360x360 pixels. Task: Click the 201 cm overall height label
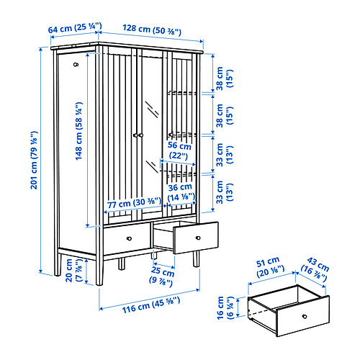[34, 160]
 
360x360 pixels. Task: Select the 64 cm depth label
[75, 27]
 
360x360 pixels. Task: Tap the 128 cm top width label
[152, 30]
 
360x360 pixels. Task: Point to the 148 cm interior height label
[79, 131]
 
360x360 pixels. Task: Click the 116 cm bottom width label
[151, 305]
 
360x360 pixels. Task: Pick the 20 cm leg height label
[73, 270]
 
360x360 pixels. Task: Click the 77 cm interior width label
[134, 203]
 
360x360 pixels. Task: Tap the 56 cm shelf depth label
[179, 150]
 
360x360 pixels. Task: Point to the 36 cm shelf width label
[181, 192]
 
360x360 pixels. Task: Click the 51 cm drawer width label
[270, 267]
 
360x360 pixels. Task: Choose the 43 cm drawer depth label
[315, 269]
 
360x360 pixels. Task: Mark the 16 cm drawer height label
[225, 307]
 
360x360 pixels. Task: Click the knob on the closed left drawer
[129, 238]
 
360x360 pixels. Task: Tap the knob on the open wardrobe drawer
[198, 238]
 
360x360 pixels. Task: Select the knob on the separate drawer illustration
[305, 316]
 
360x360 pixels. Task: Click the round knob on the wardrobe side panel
[76, 64]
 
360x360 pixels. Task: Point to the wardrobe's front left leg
[99, 270]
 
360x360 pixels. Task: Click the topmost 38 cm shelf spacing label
[225, 78]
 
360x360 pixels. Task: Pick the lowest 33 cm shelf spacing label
[225, 192]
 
